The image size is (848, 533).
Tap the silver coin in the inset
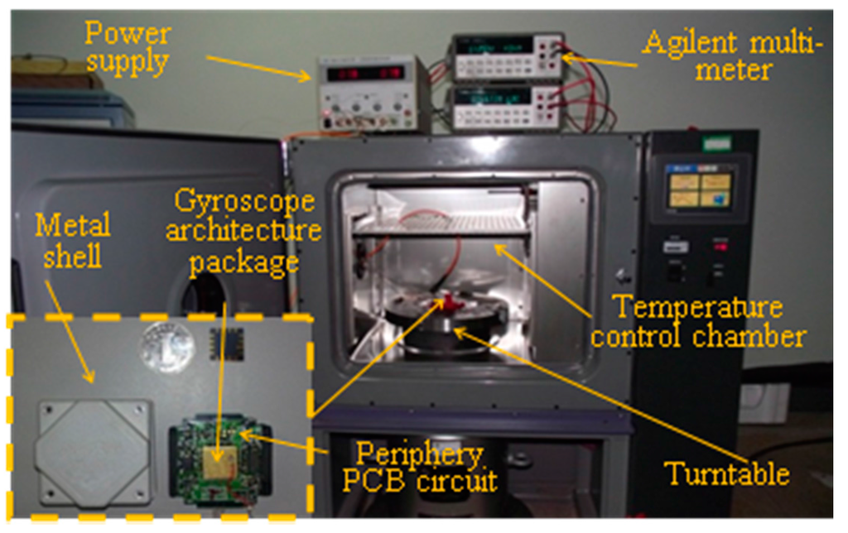pyautogui.click(x=166, y=347)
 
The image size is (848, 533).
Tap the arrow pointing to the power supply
pyautogui.click(x=258, y=67)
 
